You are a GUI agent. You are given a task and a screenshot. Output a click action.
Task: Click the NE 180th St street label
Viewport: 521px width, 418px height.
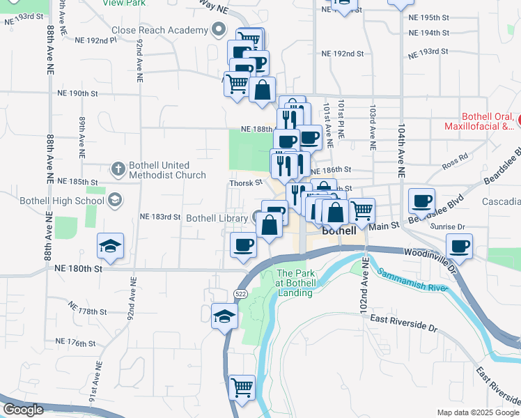click(x=78, y=268)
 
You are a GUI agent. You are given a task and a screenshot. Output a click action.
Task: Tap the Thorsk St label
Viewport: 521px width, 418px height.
click(x=247, y=183)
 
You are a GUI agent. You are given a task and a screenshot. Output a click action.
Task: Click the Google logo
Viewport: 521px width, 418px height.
click(x=22, y=410)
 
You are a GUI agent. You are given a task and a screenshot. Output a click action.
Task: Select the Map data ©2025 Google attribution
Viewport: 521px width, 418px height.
click(x=477, y=412)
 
